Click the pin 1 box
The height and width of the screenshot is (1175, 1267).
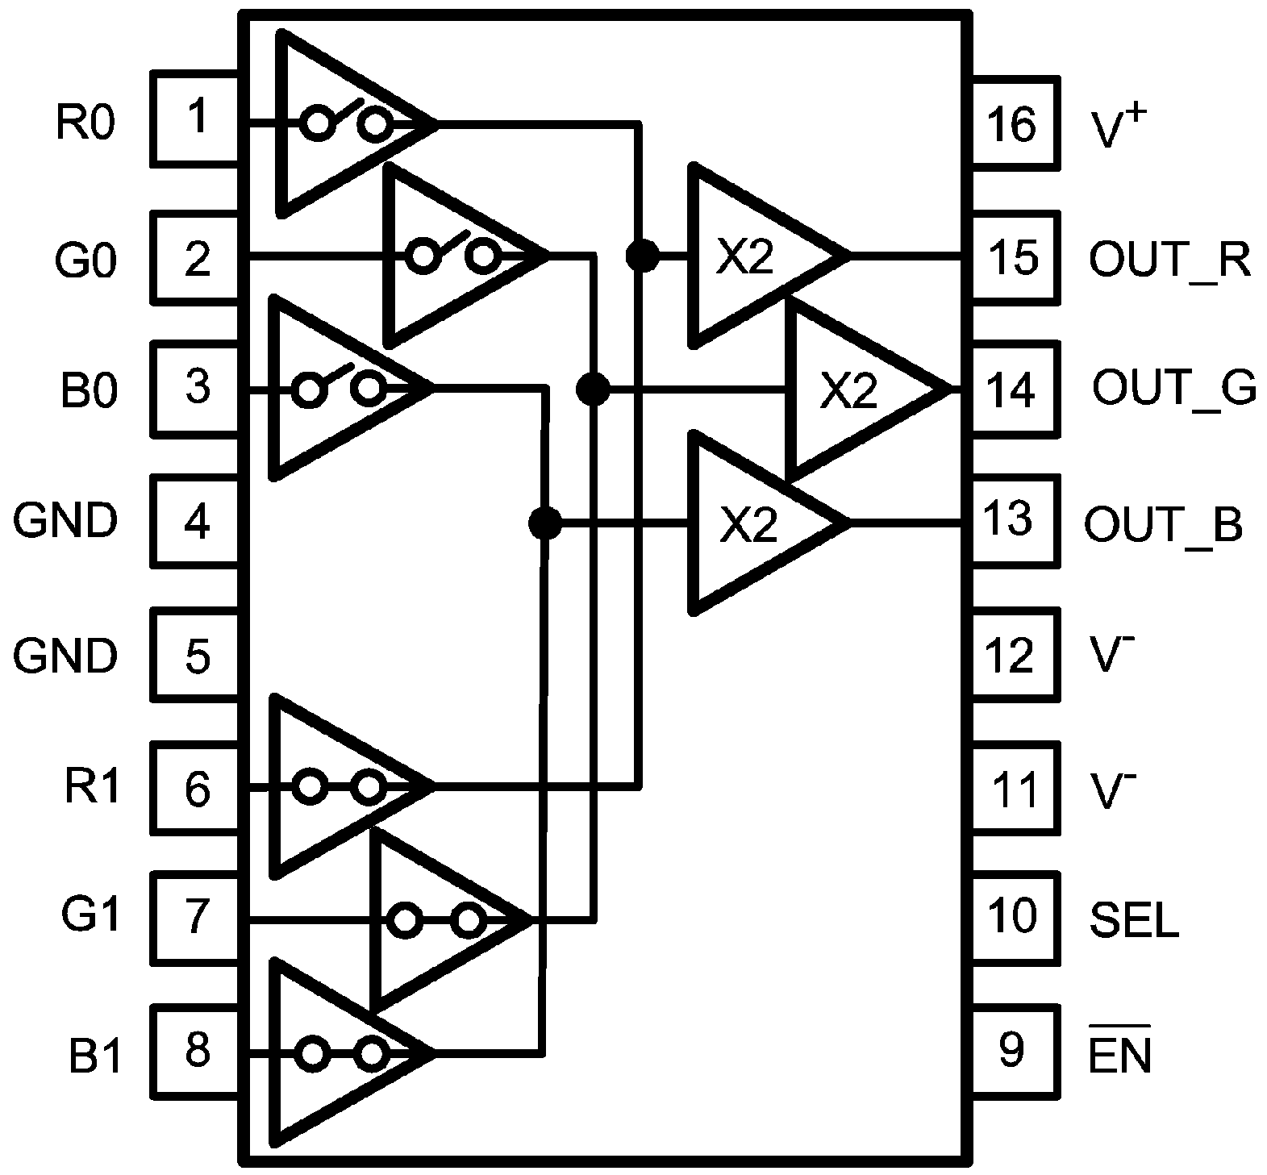(x=195, y=119)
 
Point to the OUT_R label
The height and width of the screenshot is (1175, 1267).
(x=1169, y=259)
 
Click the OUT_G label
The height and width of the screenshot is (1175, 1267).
(x=1174, y=387)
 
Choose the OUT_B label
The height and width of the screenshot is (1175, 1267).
(x=1163, y=523)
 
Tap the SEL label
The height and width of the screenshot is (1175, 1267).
(x=1134, y=919)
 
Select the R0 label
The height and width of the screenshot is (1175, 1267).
(x=85, y=123)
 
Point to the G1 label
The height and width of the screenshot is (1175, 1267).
(x=91, y=916)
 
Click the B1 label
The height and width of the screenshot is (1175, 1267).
(x=95, y=1056)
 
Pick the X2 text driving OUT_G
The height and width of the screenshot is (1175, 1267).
(x=848, y=390)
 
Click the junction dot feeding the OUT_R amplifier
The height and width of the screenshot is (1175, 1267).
(x=642, y=256)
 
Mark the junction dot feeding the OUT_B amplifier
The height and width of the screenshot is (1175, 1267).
(x=545, y=523)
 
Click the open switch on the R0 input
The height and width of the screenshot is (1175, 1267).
(x=348, y=122)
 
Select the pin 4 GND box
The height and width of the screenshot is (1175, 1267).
(x=195, y=522)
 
